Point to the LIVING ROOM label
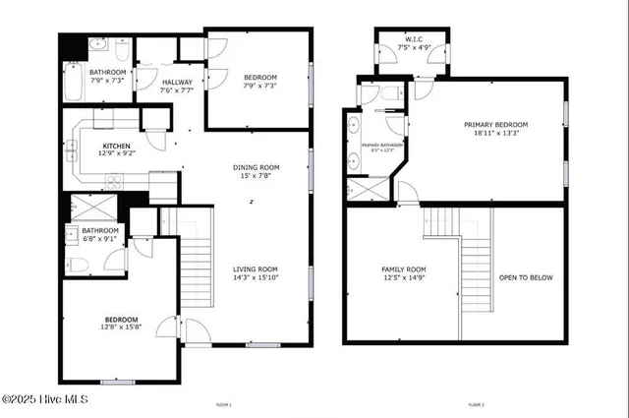click(x=256, y=269)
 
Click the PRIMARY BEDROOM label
click(x=496, y=125)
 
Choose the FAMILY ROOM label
click(x=404, y=269)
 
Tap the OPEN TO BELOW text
click(x=526, y=277)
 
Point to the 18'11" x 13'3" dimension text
click(x=496, y=134)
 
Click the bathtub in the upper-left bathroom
click(x=74, y=82)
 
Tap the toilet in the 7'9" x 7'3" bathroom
click(x=121, y=49)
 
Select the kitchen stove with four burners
click(x=115, y=180)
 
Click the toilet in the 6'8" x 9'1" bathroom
click(x=81, y=264)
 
